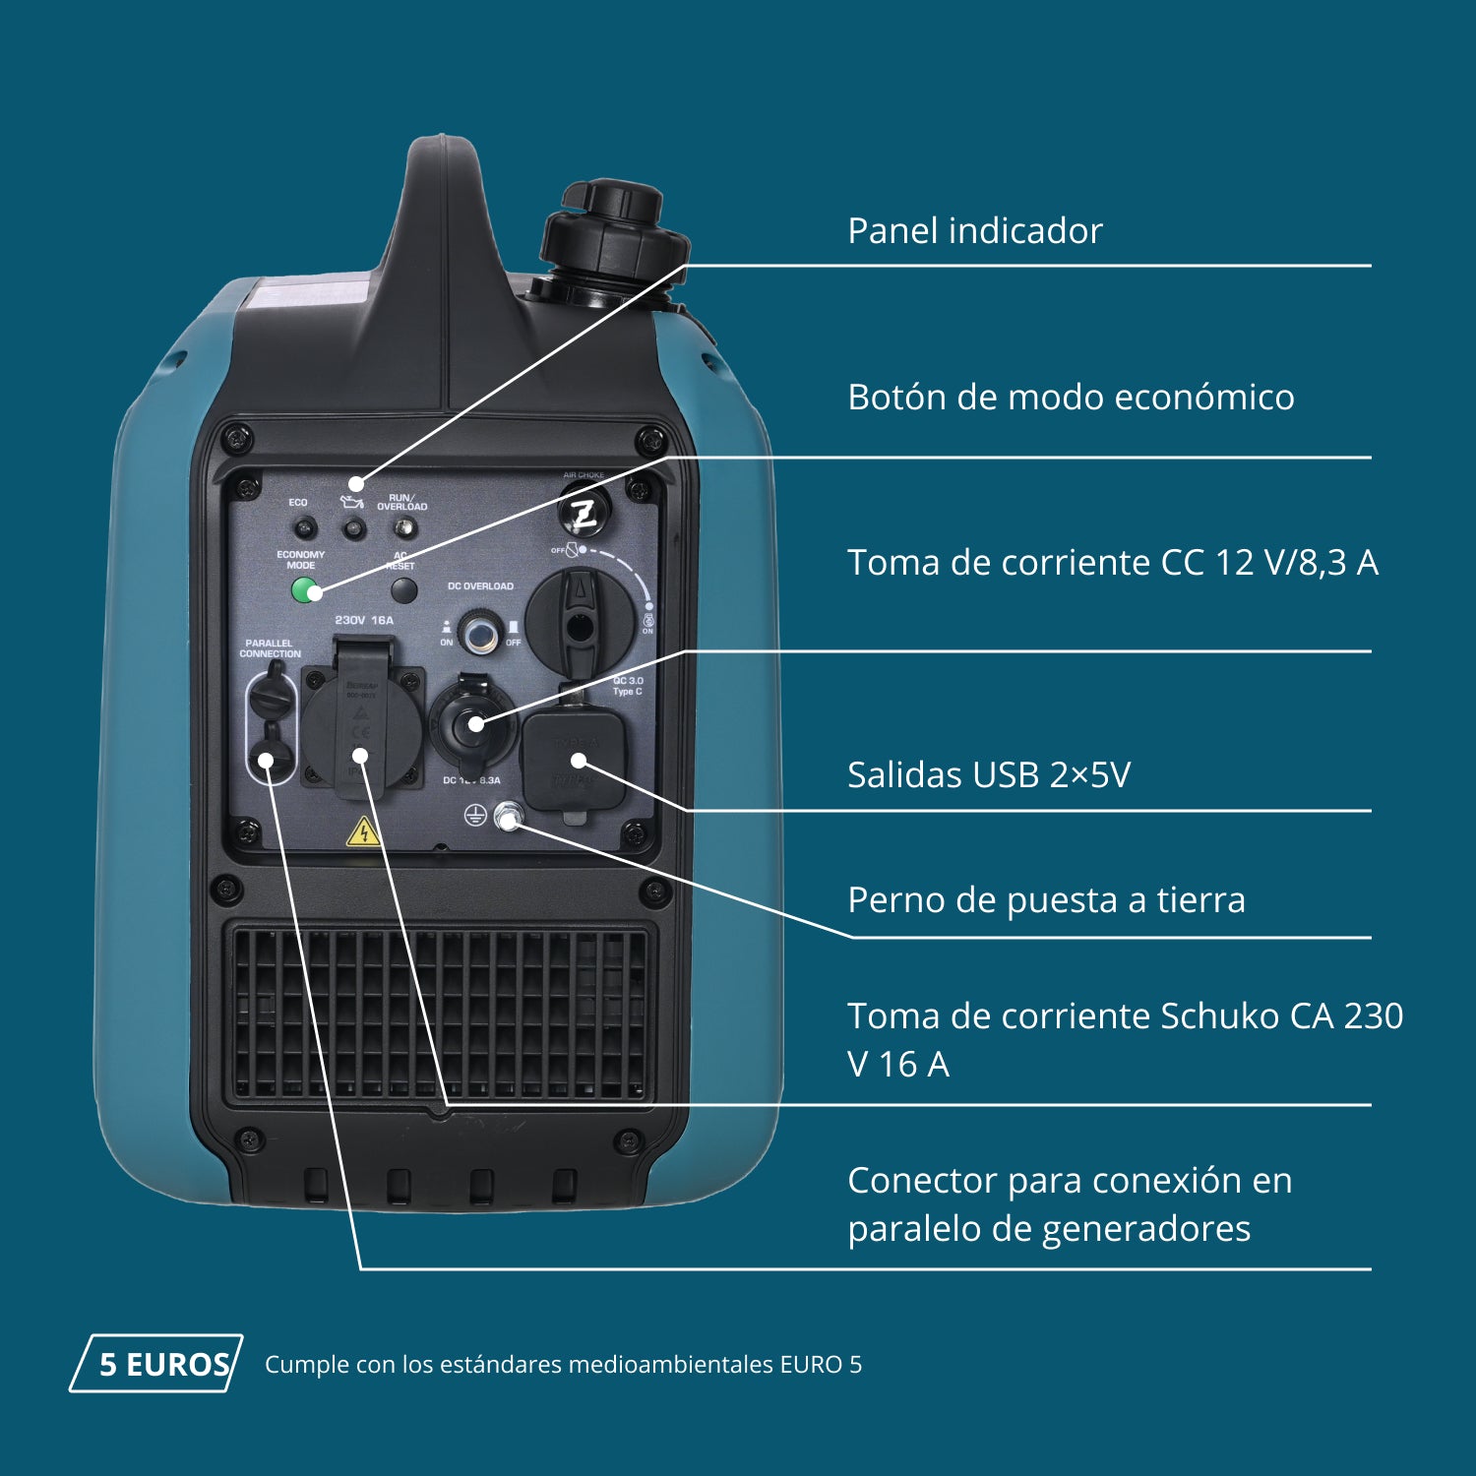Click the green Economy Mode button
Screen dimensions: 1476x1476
pyautogui.click(x=306, y=590)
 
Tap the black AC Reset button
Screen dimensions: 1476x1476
pyautogui.click(x=403, y=590)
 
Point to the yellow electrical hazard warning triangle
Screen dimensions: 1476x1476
pyautogui.click(x=363, y=833)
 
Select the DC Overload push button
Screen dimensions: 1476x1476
pyautogui.click(x=480, y=634)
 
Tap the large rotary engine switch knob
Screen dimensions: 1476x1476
pyautogui.click(x=580, y=620)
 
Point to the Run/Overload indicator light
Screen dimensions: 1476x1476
pyautogui.click(x=402, y=528)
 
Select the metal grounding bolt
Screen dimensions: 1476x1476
pyautogui.click(x=508, y=816)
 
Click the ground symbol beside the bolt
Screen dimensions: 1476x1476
pyautogui.click(x=475, y=815)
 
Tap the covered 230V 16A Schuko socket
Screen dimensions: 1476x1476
pyautogui.click(x=361, y=725)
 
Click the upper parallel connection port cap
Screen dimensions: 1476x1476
pyautogui.click(x=271, y=696)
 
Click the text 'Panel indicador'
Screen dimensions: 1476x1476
pyautogui.click(x=974, y=231)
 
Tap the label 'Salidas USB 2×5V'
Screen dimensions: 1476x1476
pyautogui.click(x=988, y=775)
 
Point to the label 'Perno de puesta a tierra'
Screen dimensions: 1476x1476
pyautogui.click(x=1046, y=900)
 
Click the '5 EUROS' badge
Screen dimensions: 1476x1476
pyautogui.click(x=157, y=1364)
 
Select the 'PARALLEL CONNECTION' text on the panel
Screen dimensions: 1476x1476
pyautogui.click(x=270, y=648)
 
